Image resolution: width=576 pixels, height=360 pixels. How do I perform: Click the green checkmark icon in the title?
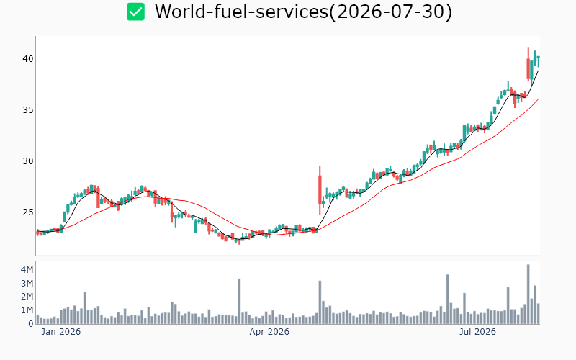tap(135, 12)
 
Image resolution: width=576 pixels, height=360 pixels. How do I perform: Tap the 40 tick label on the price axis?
tap(28, 59)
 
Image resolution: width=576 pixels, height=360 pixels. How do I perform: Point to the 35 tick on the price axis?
tap(28, 110)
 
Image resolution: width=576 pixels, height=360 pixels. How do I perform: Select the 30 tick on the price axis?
tap(28, 161)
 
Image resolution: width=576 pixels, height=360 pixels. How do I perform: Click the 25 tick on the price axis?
tap(28, 212)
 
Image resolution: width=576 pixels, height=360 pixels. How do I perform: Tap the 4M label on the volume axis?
tap(27, 269)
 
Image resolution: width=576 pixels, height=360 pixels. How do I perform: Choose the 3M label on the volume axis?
tap(27, 283)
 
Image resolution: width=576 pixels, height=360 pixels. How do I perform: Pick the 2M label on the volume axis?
tap(27, 297)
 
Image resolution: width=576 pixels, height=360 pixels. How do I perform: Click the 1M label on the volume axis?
tap(27, 310)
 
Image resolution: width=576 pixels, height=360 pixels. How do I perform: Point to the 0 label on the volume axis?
tap(31, 323)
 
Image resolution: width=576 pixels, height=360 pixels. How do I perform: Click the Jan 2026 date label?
tap(61, 332)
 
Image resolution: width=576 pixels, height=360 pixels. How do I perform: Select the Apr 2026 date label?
tap(269, 332)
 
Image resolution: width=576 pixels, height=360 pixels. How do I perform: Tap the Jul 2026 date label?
tap(477, 332)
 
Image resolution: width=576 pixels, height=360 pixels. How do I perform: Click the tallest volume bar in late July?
tap(528, 294)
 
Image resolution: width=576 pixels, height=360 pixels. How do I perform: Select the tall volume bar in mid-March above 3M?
tap(239, 301)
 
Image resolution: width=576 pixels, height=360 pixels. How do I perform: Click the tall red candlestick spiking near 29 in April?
tap(320, 190)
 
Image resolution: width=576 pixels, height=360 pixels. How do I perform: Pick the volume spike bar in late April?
tap(320, 302)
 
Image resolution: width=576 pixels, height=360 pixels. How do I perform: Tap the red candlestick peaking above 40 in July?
tap(528, 64)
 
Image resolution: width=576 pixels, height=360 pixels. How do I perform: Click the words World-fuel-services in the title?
tap(241, 12)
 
